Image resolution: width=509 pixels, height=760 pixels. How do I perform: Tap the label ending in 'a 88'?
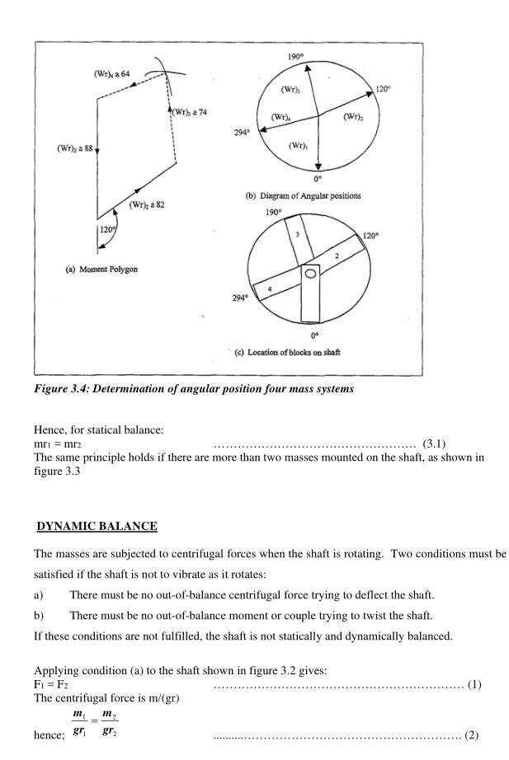click(74, 148)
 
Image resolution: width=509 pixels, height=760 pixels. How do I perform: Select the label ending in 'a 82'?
click(146, 205)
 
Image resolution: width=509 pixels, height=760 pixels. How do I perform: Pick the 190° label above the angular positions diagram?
click(296, 57)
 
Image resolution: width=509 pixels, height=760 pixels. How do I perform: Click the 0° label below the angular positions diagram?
click(318, 179)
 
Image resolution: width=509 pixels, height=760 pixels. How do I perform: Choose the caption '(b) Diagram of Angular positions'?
click(303, 196)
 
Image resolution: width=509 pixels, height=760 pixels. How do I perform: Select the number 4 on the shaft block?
click(269, 288)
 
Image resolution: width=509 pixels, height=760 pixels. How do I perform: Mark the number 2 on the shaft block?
click(337, 256)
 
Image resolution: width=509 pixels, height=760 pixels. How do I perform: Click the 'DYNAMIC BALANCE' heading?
click(97, 526)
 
